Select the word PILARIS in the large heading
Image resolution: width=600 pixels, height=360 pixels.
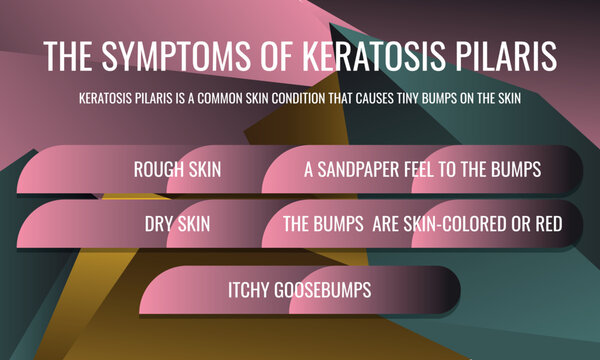504,57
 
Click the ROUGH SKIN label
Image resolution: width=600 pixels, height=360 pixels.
177,169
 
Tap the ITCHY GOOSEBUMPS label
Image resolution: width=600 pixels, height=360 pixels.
300,289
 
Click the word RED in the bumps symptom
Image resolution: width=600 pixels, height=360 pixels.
548,224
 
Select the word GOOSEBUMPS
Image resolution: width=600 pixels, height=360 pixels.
323,289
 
